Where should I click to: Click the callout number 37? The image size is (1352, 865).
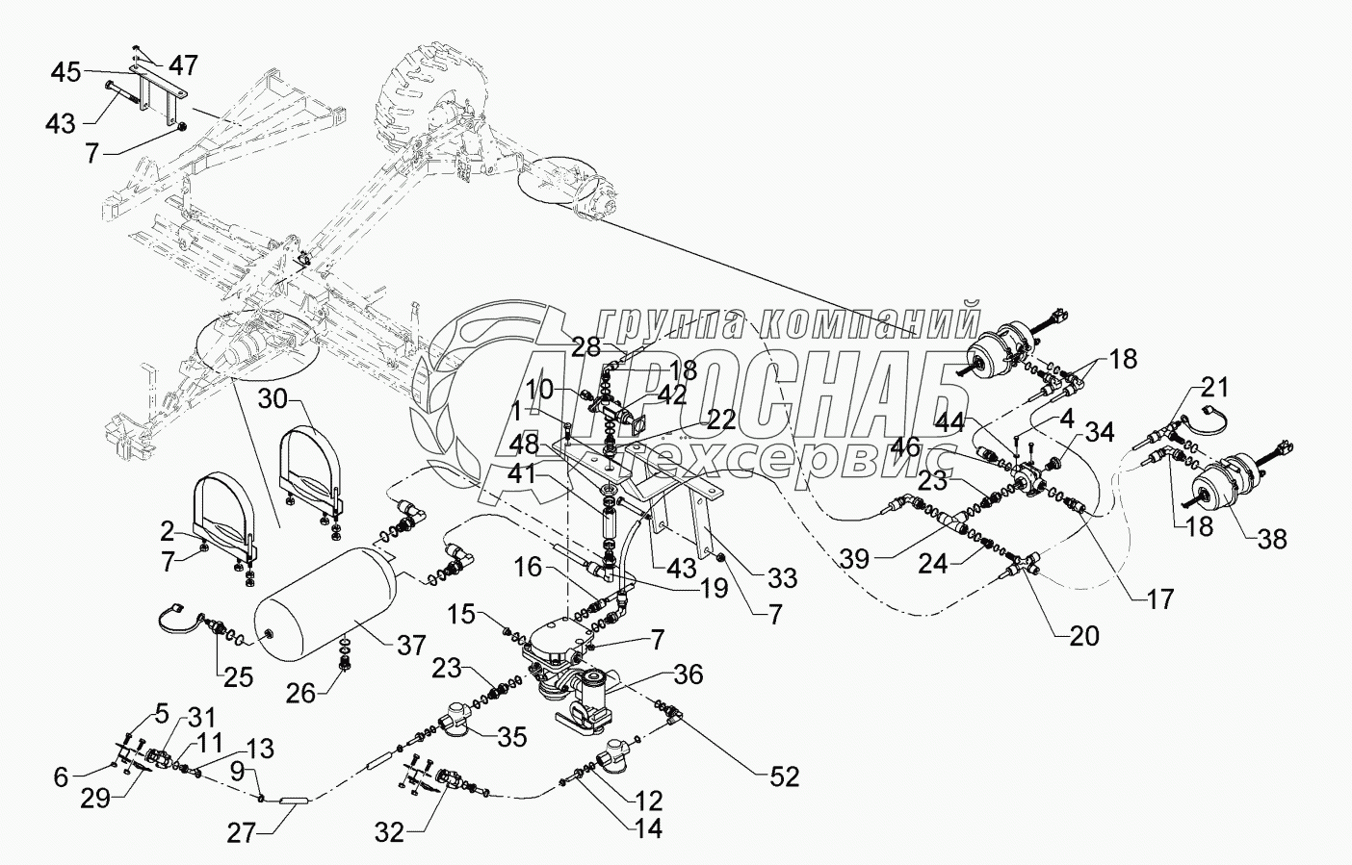tap(411, 644)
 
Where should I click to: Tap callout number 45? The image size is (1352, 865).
tap(66, 72)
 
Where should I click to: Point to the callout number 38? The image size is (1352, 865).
tap(1272, 540)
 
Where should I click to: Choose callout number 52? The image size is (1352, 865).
tap(786, 776)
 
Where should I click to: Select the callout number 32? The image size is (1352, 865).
tap(390, 833)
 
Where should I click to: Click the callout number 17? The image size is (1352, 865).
tap(1160, 598)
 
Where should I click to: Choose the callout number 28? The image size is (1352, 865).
tap(585, 346)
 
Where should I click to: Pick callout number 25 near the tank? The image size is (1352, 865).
tap(239, 676)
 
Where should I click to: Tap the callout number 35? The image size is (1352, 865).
tap(512, 738)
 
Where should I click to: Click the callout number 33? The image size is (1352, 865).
tap(782, 577)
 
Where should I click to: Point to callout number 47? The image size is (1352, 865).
tap(183, 65)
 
